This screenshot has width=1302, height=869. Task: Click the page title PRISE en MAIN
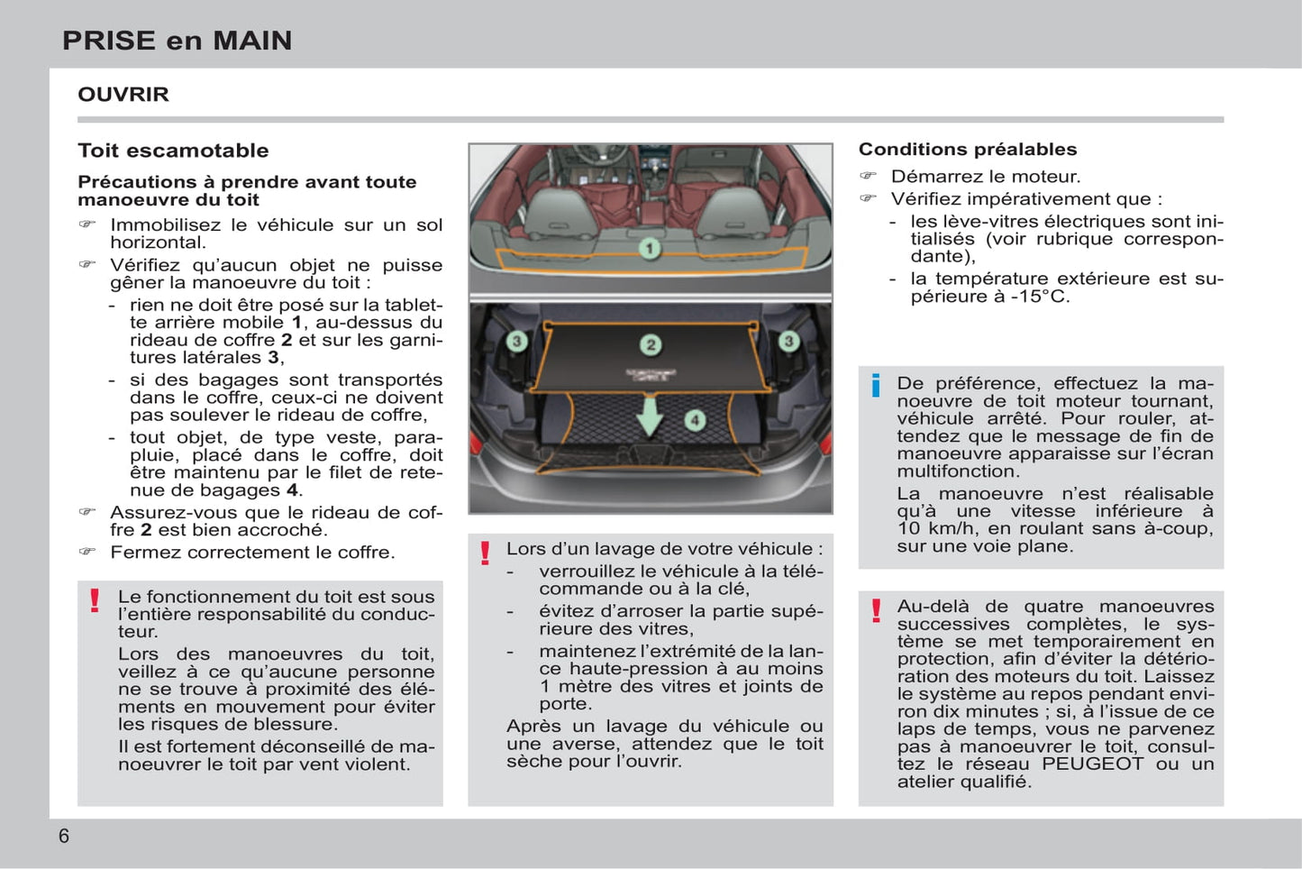(177, 41)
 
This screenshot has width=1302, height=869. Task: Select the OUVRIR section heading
(123, 95)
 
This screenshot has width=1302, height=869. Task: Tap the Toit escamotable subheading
(173, 151)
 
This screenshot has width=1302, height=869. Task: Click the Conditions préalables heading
(967, 150)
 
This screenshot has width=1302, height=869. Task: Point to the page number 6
(64, 836)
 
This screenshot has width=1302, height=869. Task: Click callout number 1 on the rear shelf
(650, 248)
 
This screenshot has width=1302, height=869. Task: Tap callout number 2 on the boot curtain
(651, 344)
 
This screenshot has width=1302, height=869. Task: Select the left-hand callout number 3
(516, 341)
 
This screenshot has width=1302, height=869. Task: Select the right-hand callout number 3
(788, 341)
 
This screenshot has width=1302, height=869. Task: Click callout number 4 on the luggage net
(695, 420)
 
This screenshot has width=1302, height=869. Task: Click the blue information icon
(875, 386)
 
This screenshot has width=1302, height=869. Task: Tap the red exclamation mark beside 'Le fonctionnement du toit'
(95, 600)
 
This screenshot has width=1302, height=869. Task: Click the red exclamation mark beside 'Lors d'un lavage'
(485, 553)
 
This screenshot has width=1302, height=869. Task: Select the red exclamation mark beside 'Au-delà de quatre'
(876, 610)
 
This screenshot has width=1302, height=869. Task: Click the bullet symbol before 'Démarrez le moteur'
(868, 176)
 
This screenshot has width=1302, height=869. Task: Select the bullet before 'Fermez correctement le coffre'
(87, 552)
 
